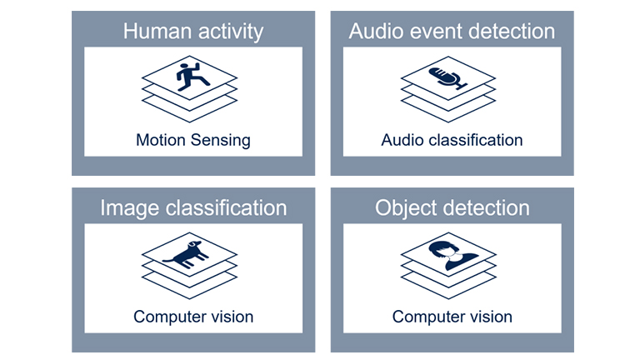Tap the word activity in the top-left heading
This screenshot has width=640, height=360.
(x=227, y=32)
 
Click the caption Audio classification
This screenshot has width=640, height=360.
(x=452, y=140)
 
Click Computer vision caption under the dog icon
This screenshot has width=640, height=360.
(x=193, y=317)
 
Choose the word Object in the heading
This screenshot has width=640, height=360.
(x=406, y=207)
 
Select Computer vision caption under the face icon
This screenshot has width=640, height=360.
(x=452, y=317)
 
